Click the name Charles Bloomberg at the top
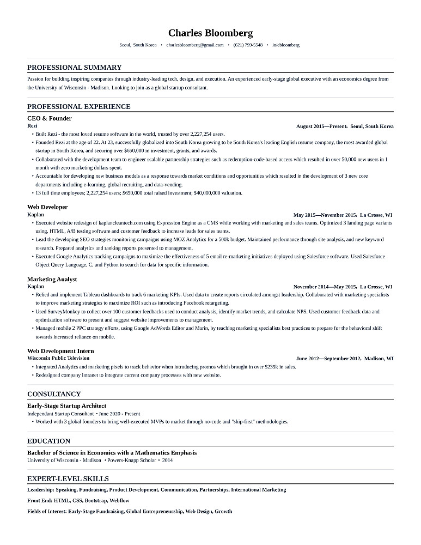(x=210, y=33)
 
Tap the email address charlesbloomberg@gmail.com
(x=195, y=45)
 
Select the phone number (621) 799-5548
(x=248, y=45)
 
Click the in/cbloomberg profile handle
(x=286, y=45)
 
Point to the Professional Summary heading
(x=75, y=68)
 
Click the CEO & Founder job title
(x=50, y=118)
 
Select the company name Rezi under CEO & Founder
(x=32, y=126)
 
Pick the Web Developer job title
(x=47, y=207)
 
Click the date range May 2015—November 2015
(x=325, y=215)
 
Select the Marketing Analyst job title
(x=52, y=279)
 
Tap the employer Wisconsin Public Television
(x=58, y=358)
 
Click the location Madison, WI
(x=379, y=359)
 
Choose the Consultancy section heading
(x=54, y=394)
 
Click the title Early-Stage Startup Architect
(x=66, y=406)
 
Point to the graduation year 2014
(x=167, y=461)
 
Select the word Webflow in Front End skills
(x=119, y=500)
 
